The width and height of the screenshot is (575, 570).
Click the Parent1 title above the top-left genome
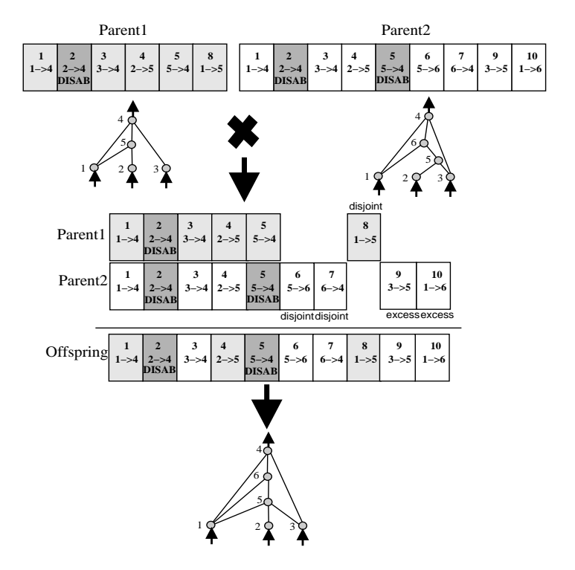(124, 34)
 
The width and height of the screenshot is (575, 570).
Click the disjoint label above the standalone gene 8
(364, 208)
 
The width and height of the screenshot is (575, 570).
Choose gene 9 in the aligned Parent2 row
(398, 285)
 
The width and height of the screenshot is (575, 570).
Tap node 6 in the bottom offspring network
(268, 477)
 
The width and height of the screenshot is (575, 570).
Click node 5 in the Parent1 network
(132, 145)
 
